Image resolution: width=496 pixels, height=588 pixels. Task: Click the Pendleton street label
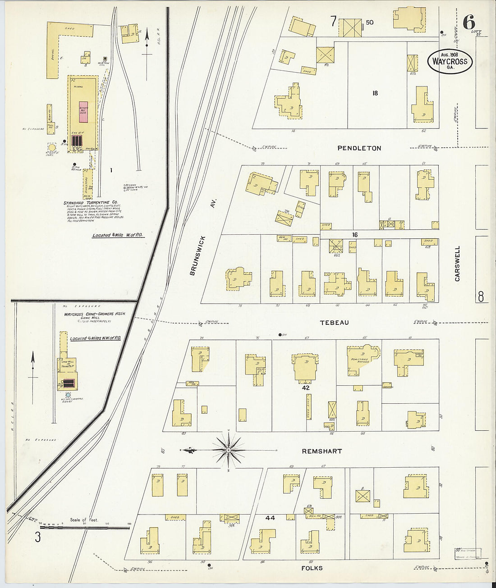(x=359, y=148)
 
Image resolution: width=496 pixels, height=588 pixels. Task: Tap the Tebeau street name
(x=334, y=322)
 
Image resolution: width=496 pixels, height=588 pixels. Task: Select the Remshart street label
(x=322, y=451)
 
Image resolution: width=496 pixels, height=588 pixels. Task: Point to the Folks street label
(x=312, y=568)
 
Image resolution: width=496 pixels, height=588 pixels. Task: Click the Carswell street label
(x=457, y=264)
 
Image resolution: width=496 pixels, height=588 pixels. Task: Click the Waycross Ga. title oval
(x=450, y=62)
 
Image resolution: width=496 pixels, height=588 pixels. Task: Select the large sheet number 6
(x=468, y=21)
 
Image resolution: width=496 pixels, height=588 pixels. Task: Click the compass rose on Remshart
(x=229, y=450)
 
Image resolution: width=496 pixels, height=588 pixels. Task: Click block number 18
(x=375, y=93)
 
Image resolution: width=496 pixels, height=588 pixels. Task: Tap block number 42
(x=306, y=387)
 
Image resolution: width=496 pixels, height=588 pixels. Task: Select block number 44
(x=270, y=518)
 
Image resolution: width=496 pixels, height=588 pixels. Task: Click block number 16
(x=355, y=235)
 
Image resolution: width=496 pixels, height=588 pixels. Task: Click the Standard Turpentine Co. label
(x=91, y=203)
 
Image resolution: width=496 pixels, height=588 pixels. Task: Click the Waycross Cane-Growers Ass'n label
(x=94, y=314)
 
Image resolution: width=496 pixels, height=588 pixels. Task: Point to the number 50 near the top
(x=370, y=22)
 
